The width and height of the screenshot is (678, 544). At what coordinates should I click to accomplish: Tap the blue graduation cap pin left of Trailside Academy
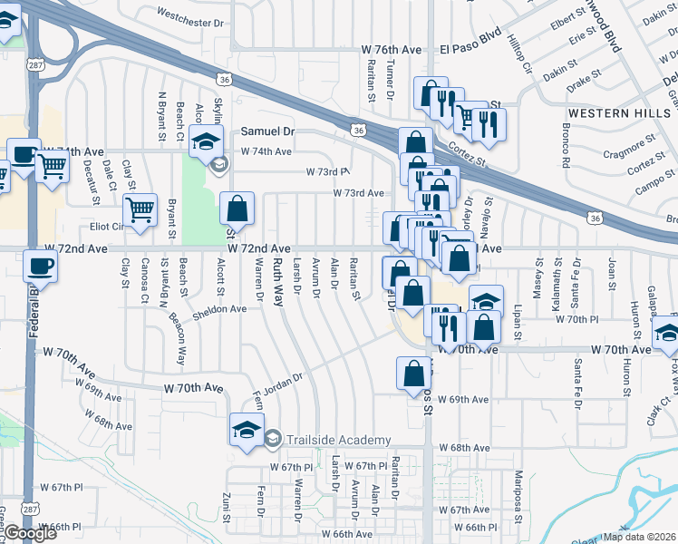246,430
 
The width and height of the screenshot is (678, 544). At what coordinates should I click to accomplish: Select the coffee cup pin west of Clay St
41,267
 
